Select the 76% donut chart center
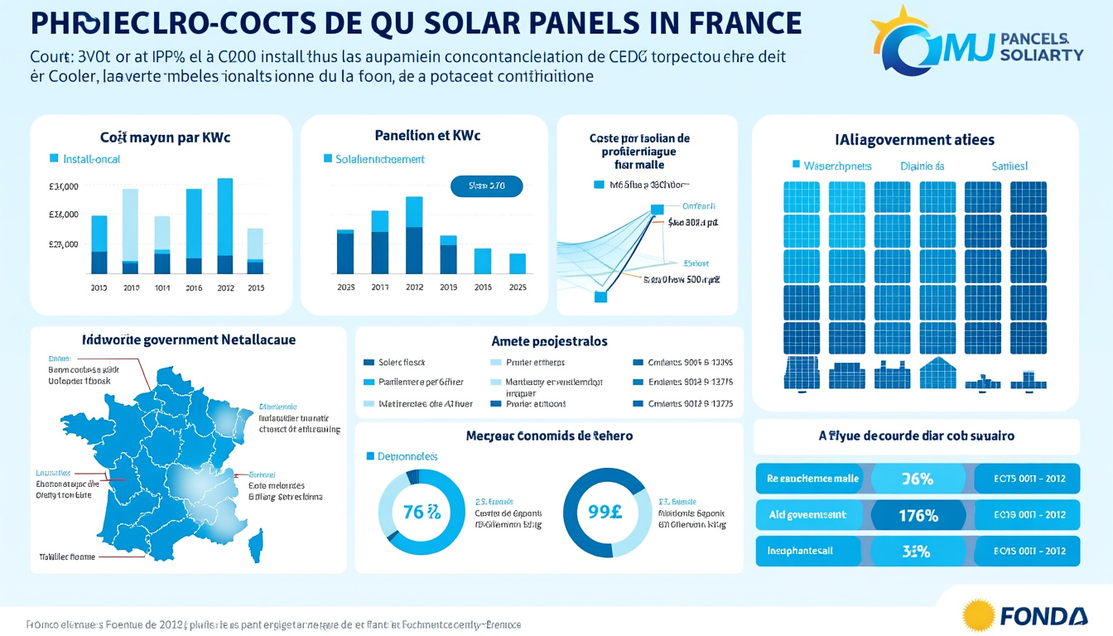tap(422, 511)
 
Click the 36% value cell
tap(917, 479)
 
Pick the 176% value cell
tap(918, 515)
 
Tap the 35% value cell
tap(917, 552)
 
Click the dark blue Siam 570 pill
tap(487, 186)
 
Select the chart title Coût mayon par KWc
tap(165, 137)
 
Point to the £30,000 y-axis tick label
tap(64, 186)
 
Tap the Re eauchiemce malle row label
tap(812, 479)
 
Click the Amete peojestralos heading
tap(549, 341)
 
